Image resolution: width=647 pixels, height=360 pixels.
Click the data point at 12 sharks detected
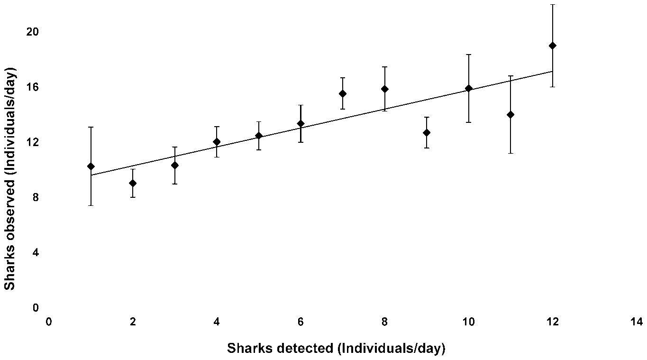click(x=552, y=46)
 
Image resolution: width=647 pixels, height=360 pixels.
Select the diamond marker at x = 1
click(x=91, y=166)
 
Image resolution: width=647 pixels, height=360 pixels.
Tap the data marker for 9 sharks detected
click(x=427, y=132)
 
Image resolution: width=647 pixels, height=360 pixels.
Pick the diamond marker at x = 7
click(x=343, y=93)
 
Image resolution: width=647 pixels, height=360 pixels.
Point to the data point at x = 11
click(x=510, y=114)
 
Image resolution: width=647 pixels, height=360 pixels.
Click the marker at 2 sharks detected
click(x=133, y=183)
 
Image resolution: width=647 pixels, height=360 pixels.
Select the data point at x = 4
click(x=217, y=142)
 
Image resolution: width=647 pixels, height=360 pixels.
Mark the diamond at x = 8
click(x=384, y=89)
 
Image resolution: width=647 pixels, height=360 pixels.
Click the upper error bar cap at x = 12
click(x=552, y=5)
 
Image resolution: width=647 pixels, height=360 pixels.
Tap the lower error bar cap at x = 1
click(x=91, y=205)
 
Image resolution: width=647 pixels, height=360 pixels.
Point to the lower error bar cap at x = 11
click(x=510, y=153)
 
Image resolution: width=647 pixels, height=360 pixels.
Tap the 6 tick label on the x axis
click(x=301, y=322)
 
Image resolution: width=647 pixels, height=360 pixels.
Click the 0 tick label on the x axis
click(x=49, y=322)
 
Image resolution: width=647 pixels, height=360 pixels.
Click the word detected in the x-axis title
click(x=303, y=349)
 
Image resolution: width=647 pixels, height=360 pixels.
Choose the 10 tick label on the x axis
click(x=468, y=322)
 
